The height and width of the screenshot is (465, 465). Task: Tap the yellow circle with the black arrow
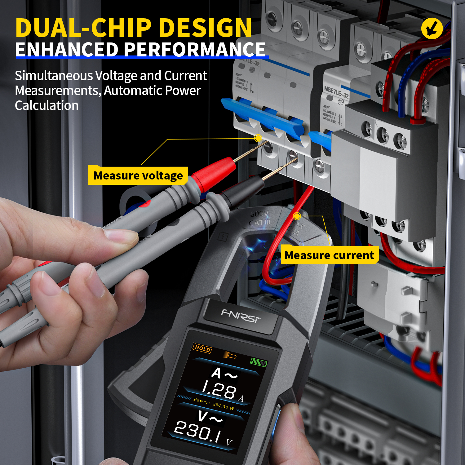click(432, 29)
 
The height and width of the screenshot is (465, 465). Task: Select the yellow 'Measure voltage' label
click(138, 175)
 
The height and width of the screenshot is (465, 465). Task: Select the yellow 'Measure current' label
click(329, 255)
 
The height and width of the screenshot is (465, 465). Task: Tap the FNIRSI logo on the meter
click(241, 316)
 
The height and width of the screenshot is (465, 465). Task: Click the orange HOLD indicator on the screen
click(202, 348)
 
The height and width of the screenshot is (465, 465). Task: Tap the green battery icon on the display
click(258, 362)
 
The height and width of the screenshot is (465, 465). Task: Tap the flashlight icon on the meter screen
click(230, 355)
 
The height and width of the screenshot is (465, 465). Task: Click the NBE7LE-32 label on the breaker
click(336, 92)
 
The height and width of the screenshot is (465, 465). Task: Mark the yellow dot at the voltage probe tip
click(258, 138)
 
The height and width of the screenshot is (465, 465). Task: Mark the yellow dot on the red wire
click(297, 216)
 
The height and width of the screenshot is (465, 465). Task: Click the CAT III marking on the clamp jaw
click(259, 222)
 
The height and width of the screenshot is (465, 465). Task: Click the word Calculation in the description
click(46, 105)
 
